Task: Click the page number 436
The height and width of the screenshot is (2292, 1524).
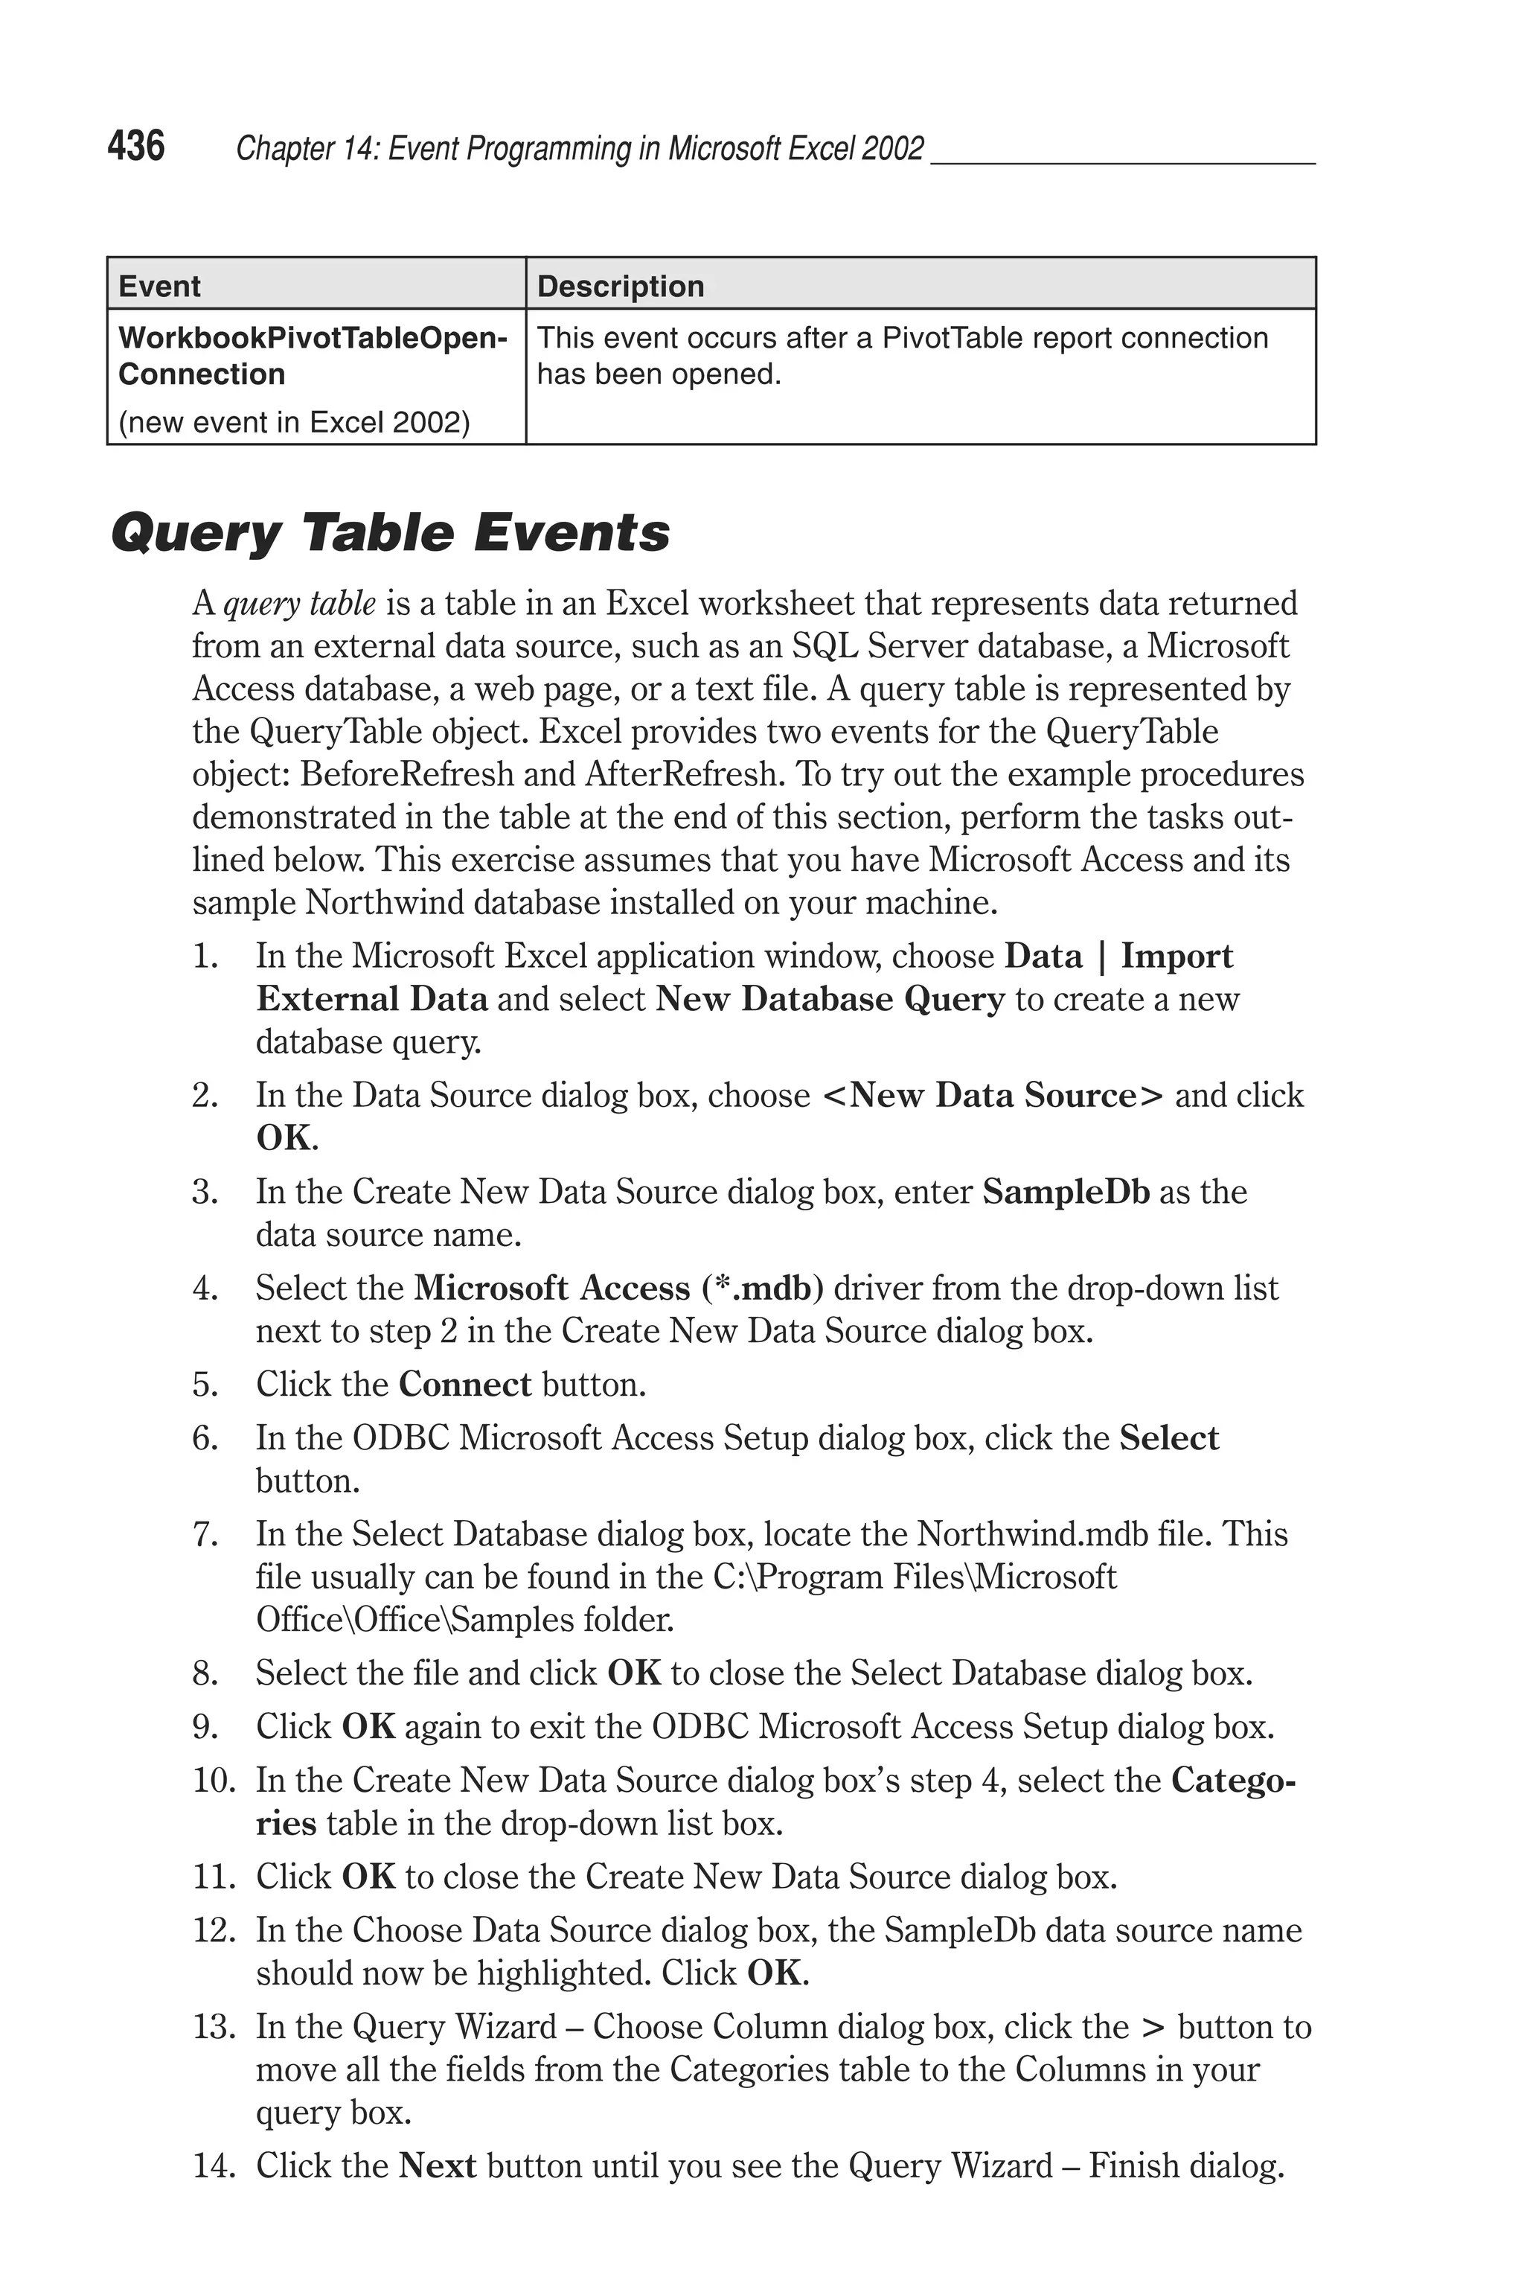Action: pos(136,146)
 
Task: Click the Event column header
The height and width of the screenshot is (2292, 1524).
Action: pos(159,286)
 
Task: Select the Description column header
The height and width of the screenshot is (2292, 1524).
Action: pos(620,286)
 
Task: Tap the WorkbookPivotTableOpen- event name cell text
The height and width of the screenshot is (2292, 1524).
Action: pos(312,338)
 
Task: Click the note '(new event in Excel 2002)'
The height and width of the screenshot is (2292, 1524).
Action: pos(293,422)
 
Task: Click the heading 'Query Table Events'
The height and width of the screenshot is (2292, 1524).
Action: pos(390,533)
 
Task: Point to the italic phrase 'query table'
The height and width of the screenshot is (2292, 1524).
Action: pos(299,604)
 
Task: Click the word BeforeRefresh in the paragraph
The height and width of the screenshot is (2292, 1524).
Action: pos(406,775)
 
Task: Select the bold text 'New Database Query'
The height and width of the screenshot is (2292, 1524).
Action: pos(830,999)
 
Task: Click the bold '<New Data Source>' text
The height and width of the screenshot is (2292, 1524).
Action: pos(993,1096)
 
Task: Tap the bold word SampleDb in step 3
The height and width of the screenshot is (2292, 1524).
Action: pos(1066,1192)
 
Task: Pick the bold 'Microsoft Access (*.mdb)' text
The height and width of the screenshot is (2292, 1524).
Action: pos(618,1288)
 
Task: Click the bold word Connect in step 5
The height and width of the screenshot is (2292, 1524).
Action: pos(464,1384)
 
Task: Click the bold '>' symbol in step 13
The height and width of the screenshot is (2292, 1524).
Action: pos(1153,2028)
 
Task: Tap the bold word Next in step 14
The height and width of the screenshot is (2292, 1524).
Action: pos(438,2167)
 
